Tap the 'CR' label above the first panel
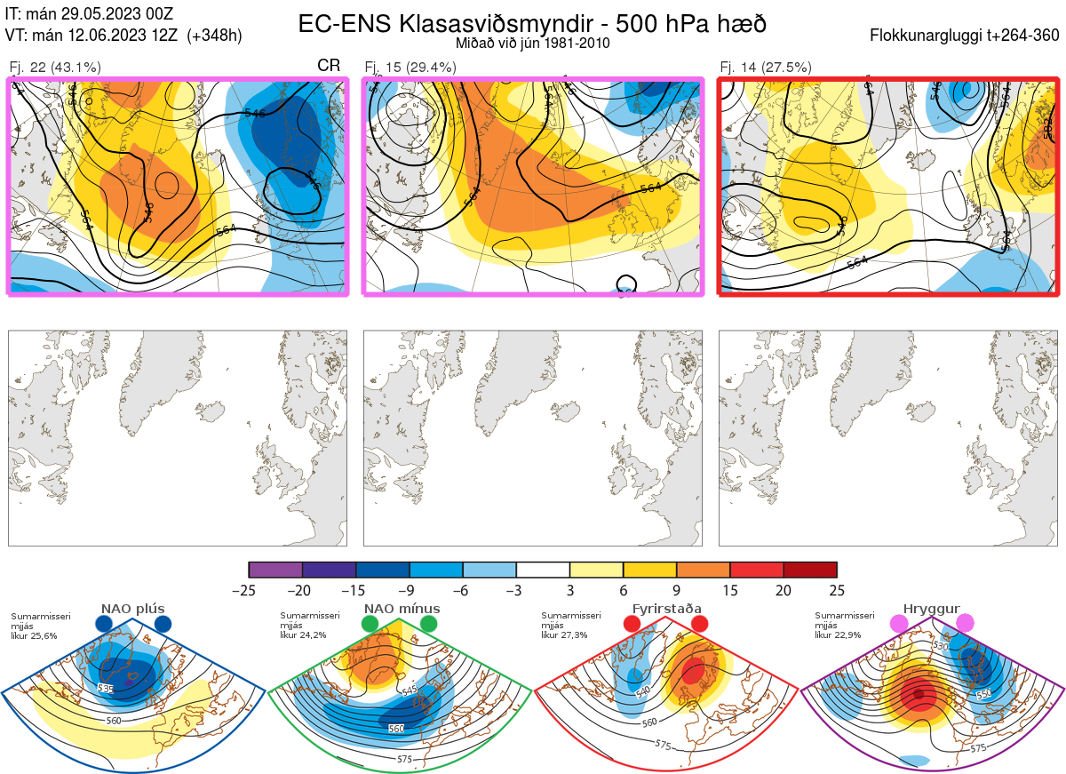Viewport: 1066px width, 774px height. click(x=329, y=67)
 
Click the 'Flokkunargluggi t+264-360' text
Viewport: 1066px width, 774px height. click(x=966, y=36)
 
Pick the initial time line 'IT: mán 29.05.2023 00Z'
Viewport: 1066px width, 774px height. click(x=89, y=13)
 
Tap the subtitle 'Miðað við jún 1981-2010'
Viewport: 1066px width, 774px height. click(x=532, y=43)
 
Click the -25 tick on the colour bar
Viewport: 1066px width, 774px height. click(x=250, y=590)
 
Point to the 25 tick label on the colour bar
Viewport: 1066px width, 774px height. click(x=837, y=590)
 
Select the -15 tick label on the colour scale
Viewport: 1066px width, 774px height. click(x=356, y=590)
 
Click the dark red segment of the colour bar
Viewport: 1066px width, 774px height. click(x=810, y=570)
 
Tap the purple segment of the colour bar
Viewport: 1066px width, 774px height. click(x=275, y=570)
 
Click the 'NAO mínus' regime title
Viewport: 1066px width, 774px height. click(x=402, y=609)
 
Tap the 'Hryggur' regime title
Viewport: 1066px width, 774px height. click(x=931, y=609)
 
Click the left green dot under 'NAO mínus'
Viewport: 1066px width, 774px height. click(x=370, y=625)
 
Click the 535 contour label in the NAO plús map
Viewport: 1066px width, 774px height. click(x=106, y=689)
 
